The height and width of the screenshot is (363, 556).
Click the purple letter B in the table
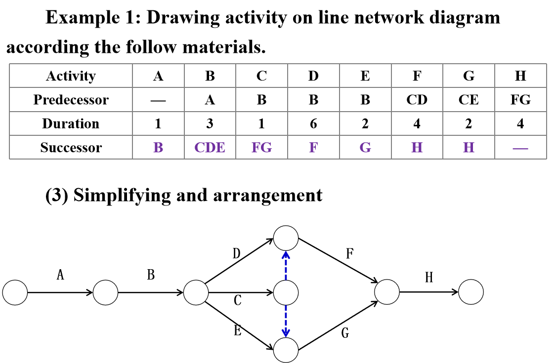158,148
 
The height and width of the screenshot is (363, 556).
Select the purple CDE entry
210,148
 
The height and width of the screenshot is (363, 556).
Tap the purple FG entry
261,148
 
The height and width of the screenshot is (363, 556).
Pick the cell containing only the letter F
313,148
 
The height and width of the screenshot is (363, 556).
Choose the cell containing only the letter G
365,148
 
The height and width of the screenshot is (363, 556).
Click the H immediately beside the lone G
417,148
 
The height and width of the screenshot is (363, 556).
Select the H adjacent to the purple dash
469,148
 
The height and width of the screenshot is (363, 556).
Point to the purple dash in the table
520,148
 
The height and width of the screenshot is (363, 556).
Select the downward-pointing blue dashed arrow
286,321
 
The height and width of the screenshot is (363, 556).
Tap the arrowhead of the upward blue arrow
286,255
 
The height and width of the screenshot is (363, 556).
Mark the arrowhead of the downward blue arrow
286,333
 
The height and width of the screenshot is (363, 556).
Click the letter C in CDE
200,148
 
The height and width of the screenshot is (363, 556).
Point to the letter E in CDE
220,148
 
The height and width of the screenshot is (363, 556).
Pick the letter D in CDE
210,148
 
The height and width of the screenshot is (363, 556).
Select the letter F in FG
256,148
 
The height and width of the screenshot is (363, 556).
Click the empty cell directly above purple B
158,123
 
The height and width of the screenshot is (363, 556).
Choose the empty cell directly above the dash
520,123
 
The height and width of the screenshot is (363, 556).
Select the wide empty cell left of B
71,147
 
